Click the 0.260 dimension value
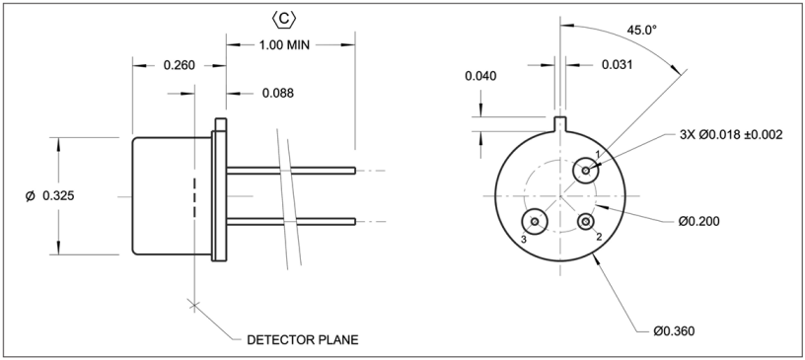(180, 65)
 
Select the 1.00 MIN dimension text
(284, 44)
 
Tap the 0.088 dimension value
(278, 93)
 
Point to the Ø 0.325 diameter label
(49, 195)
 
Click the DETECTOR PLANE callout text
(303, 340)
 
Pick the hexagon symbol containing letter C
(283, 20)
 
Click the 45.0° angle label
(642, 31)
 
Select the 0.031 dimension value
(618, 65)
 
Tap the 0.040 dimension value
(481, 76)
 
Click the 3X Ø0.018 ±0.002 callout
(731, 135)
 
